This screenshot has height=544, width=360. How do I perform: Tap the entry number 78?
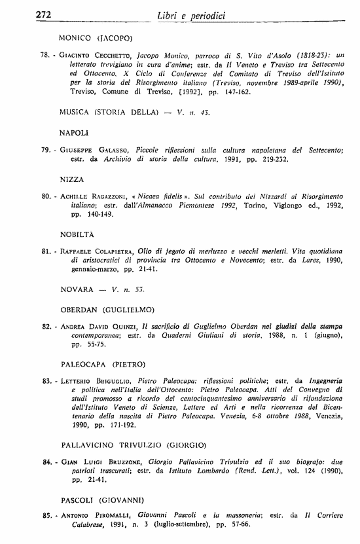tap(46, 56)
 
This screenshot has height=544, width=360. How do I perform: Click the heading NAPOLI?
tap(73, 133)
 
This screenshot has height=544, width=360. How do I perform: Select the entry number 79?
tap(46, 151)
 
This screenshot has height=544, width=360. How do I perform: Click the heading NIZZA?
tap(71, 179)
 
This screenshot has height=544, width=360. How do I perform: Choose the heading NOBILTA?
tap(77, 234)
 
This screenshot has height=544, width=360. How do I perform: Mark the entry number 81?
tap(46, 251)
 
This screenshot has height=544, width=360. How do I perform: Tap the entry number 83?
tap(46, 380)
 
